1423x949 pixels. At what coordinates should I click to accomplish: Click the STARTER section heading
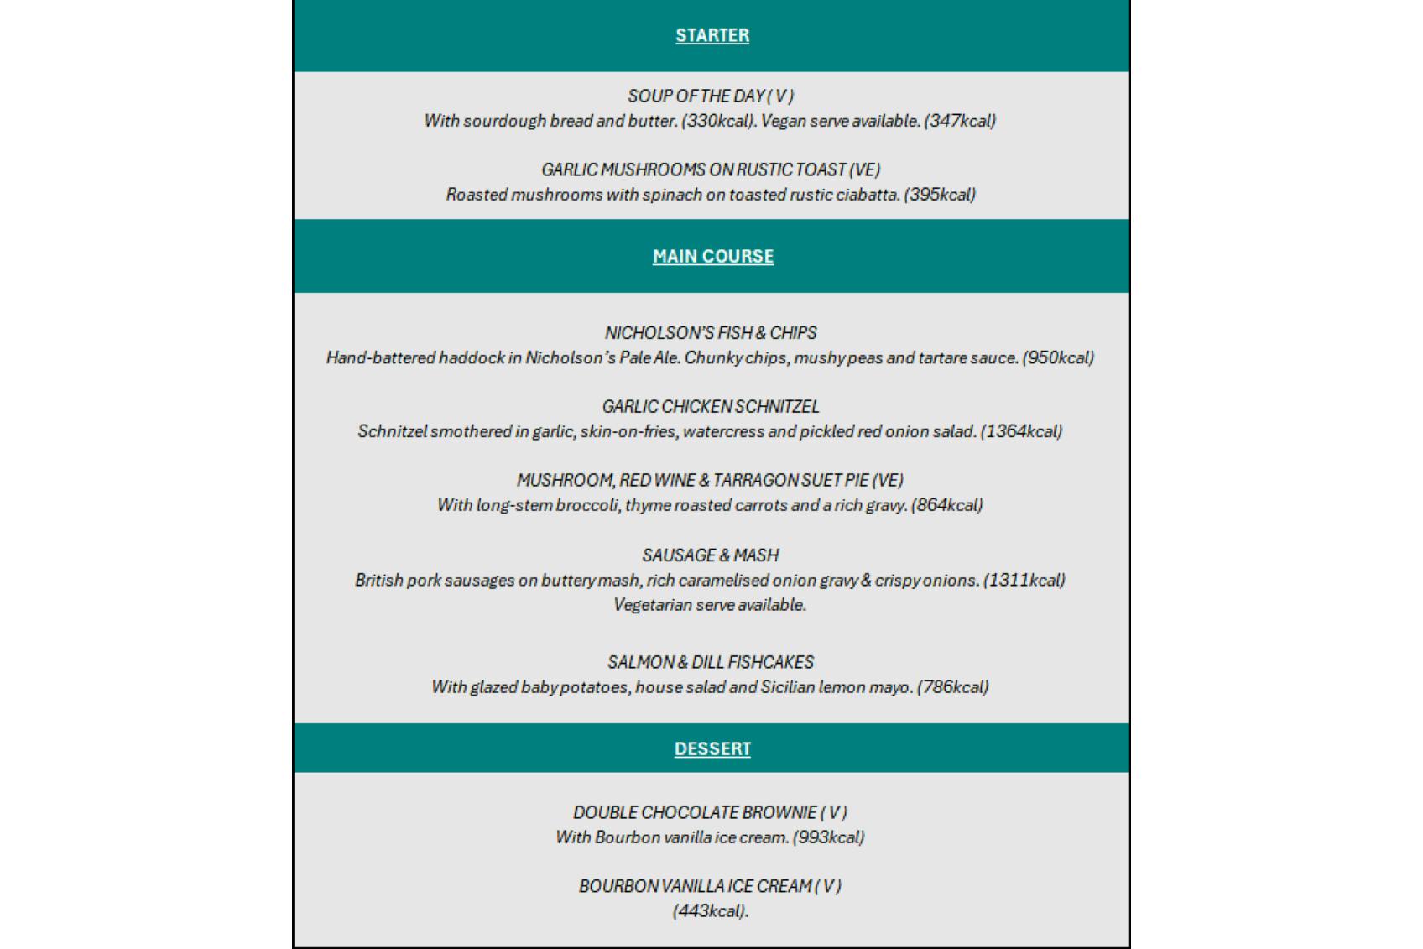click(712, 35)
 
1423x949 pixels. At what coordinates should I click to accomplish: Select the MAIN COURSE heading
click(713, 256)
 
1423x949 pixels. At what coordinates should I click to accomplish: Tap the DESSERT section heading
click(712, 748)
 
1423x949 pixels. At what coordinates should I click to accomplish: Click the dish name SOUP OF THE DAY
click(696, 96)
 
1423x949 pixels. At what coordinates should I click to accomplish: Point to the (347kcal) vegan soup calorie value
click(960, 121)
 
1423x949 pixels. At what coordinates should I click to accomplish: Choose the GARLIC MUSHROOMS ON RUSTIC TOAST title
click(694, 169)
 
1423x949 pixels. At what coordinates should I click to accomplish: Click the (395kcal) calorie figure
click(940, 195)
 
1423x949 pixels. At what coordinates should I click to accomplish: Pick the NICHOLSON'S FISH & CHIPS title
click(711, 333)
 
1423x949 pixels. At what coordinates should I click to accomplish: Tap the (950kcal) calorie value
click(1058, 358)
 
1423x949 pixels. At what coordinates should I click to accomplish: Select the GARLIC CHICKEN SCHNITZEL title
click(711, 407)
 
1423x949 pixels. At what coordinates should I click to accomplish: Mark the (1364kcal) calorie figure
click(1021, 431)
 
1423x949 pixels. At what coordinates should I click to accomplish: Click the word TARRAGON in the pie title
click(755, 481)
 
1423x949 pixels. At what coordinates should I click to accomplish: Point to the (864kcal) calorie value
click(947, 505)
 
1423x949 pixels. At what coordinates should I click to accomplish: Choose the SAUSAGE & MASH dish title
click(711, 555)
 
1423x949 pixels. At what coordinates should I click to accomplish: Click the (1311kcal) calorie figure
click(1024, 580)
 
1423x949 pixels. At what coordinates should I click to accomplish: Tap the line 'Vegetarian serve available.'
click(710, 605)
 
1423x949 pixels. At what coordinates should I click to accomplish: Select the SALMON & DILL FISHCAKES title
click(711, 663)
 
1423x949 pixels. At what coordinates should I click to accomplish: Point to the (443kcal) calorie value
click(710, 911)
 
